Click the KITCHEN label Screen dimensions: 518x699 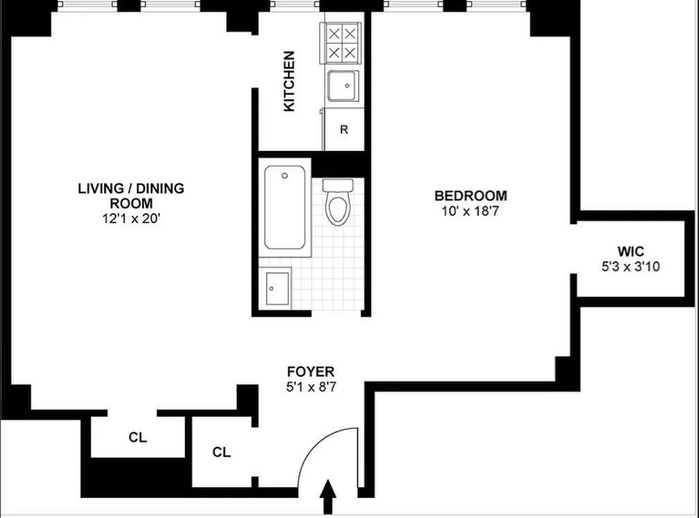pos(289,81)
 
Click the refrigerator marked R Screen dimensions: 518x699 pos(344,129)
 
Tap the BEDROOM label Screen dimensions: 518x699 pos(470,196)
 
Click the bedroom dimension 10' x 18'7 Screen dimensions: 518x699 pos(470,211)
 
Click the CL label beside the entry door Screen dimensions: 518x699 pos(221,452)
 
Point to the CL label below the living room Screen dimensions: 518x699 pos(137,438)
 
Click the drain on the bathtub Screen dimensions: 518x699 pos(285,176)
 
